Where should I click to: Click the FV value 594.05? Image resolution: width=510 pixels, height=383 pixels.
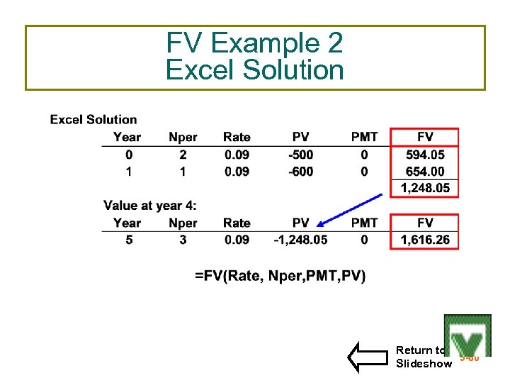pyautogui.click(x=425, y=154)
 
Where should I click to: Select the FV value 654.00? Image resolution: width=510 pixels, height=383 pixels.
pyautogui.click(x=425, y=171)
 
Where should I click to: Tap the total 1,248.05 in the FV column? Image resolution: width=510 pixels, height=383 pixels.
pyautogui.click(x=425, y=188)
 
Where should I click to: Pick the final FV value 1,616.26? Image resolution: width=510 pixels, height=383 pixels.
pyautogui.click(x=425, y=240)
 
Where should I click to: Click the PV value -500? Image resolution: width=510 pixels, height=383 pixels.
pyautogui.click(x=300, y=154)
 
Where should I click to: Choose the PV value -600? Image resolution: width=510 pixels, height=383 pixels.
pyautogui.click(x=300, y=171)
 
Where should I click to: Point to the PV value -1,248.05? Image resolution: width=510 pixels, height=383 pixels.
pyautogui.click(x=300, y=240)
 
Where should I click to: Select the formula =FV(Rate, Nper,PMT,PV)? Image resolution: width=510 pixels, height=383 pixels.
pyautogui.click(x=280, y=276)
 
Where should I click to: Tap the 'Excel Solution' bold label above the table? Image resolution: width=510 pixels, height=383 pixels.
pyautogui.click(x=93, y=119)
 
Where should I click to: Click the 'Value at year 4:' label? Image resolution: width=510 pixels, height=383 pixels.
pyautogui.click(x=150, y=206)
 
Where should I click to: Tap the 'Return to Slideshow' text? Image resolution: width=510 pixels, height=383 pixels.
pyautogui.click(x=423, y=357)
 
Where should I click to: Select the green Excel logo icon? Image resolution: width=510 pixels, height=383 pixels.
pyautogui.click(x=467, y=335)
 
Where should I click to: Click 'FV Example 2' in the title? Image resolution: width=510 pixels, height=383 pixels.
pyautogui.click(x=254, y=44)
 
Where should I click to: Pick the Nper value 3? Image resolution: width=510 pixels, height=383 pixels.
pyautogui.click(x=183, y=240)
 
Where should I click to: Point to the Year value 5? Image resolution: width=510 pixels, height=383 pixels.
pyautogui.click(x=128, y=240)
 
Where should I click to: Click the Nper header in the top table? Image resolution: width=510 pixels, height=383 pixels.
pyautogui.click(x=183, y=137)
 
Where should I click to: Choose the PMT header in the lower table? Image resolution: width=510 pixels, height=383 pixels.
pyautogui.click(x=364, y=223)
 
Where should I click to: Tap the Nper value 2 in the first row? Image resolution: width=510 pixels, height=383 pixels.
pyautogui.click(x=183, y=154)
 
